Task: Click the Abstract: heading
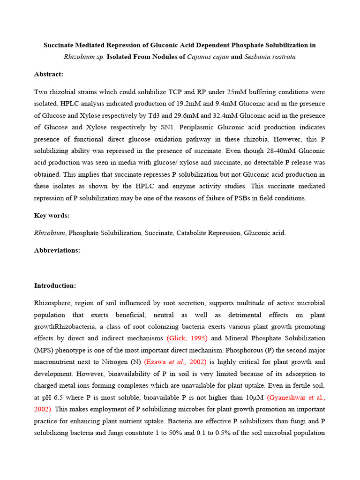[x=49, y=74]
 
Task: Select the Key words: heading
[x=52, y=215]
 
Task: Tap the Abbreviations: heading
[x=57, y=250]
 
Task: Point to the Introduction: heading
[x=55, y=285]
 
